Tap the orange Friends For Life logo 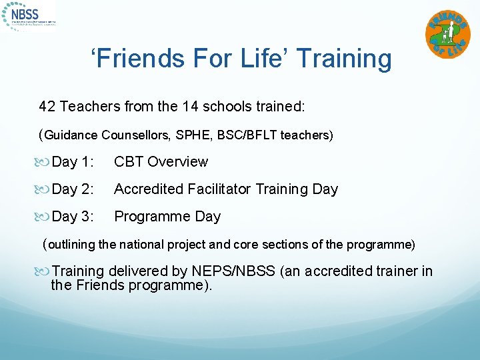[x=447, y=35]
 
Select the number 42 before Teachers [x=47, y=106]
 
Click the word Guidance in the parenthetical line [x=71, y=135]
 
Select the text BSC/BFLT [x=247, y=135]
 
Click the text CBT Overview [x=161, y=162]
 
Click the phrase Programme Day [x=167, y=217]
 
